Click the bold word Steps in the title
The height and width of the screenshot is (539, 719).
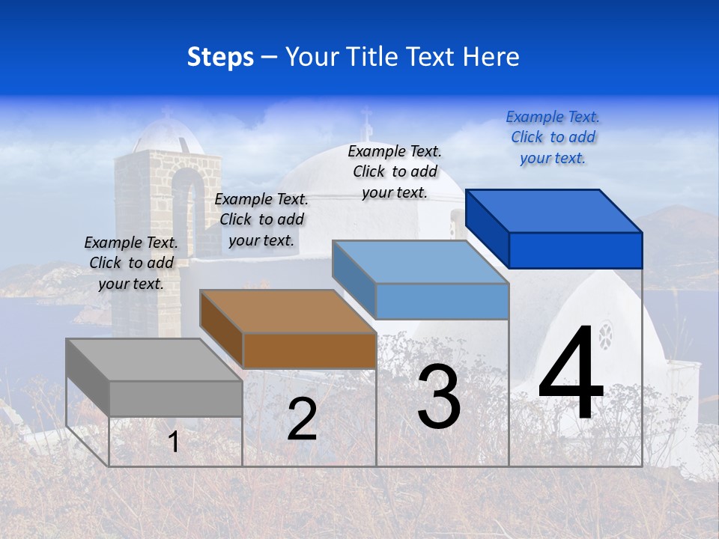coord(220,57)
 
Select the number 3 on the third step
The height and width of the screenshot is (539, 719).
coord(439,397)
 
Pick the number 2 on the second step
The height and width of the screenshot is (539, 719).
coord(302,419)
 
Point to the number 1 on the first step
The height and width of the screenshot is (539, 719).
coord(174,442)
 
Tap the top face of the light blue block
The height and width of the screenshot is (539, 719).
coord(420,262)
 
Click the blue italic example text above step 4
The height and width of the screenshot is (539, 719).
coord(553,137)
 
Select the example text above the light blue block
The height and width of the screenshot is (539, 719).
coord(395,171)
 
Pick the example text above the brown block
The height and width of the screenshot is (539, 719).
coord(261,219)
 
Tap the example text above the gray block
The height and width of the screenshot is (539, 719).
coord(131,263)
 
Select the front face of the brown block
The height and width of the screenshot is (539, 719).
coord(309,350)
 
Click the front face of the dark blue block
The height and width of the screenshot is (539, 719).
coord(575,250)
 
